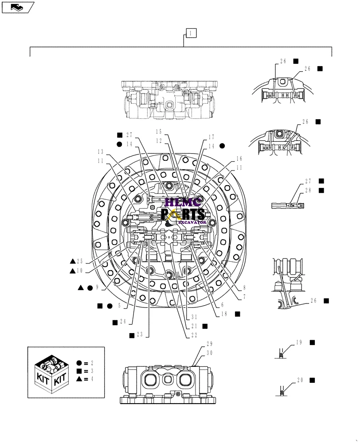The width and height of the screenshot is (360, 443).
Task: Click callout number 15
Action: click(160, 132)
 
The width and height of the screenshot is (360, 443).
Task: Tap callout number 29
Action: click(209, 344)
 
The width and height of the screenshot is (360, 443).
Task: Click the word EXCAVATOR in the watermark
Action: click(196, 222)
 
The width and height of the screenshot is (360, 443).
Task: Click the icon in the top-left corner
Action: click(17, 7)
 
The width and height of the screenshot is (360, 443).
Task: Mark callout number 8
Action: click(244, 287)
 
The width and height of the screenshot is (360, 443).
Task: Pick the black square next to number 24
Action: click(115, 322)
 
